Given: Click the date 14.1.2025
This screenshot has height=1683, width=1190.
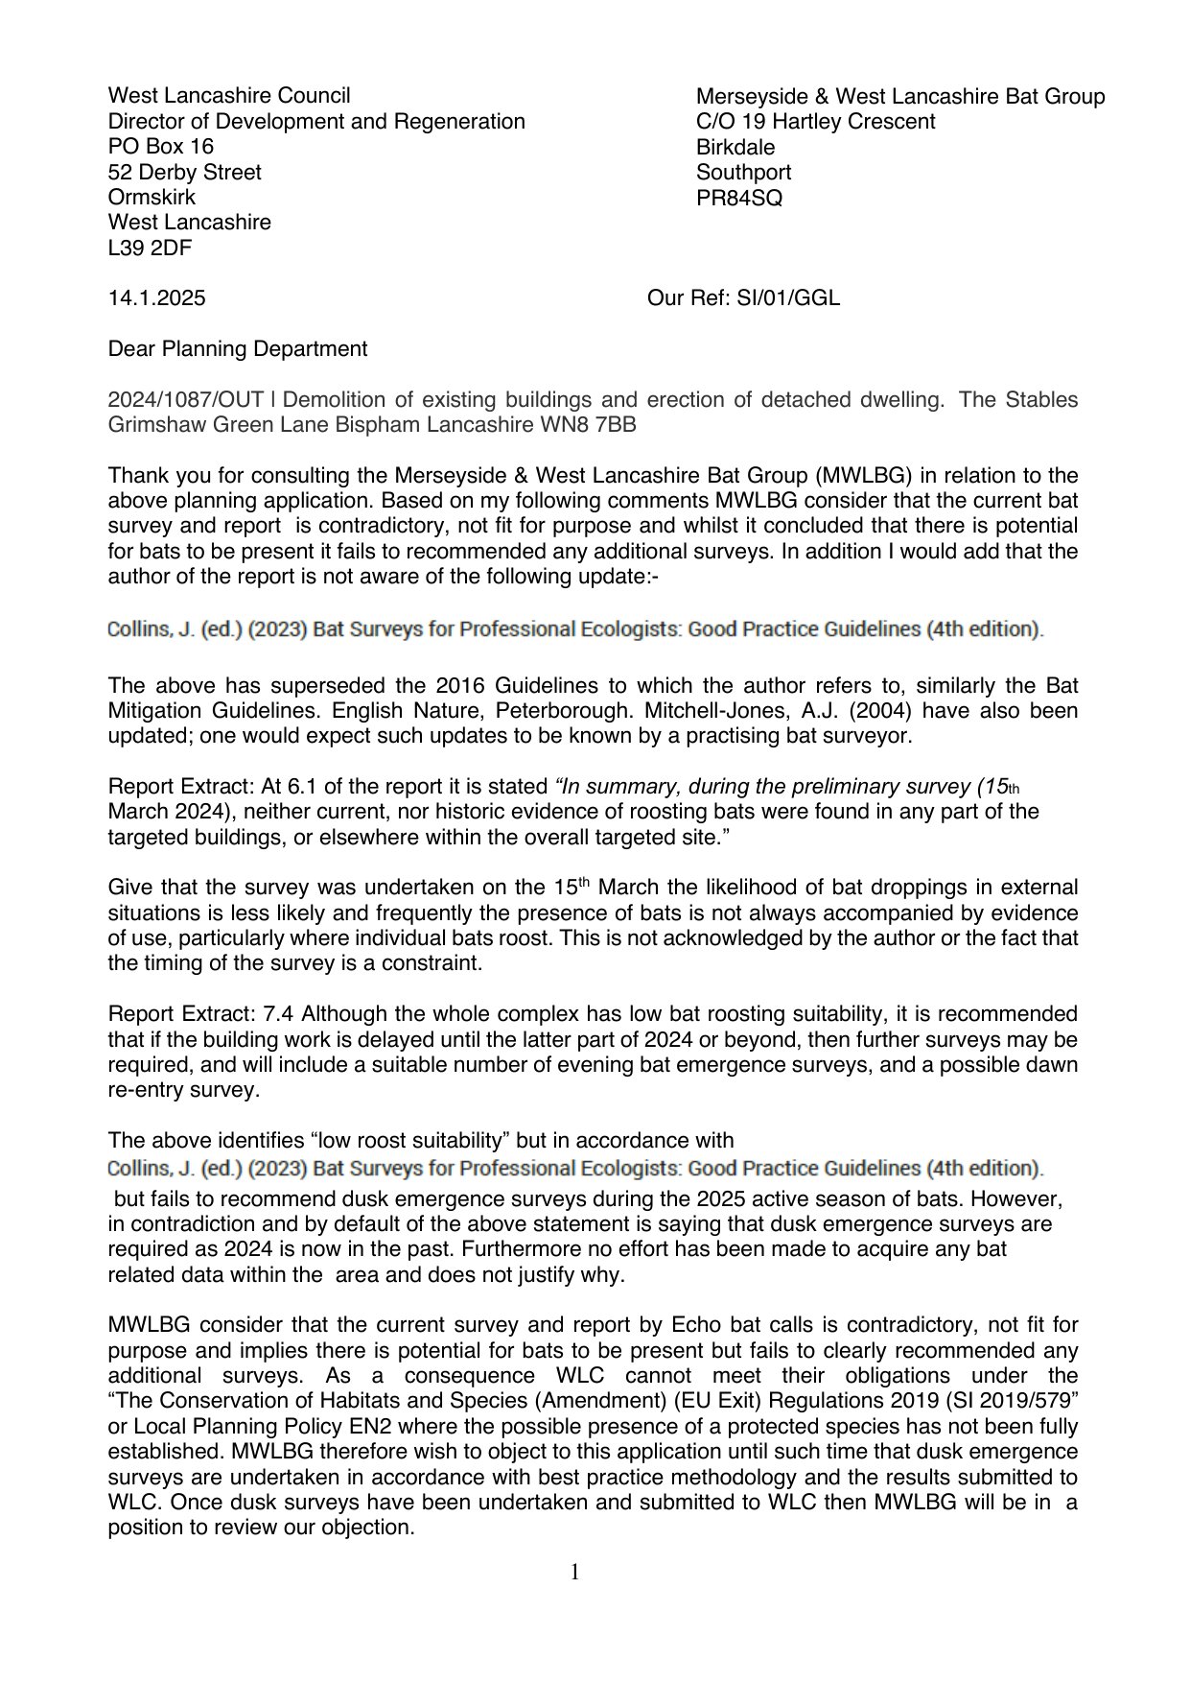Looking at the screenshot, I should pyautogui.click(x=156, y=298).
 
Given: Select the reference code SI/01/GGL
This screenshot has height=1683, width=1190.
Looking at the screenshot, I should pyautogui.click(x=787, y=298).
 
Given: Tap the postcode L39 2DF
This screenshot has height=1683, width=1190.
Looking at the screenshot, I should pyautogui.click(x=150, y=248).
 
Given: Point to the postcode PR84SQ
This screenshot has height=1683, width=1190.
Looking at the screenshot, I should pyautogui.click(x=738, y=199).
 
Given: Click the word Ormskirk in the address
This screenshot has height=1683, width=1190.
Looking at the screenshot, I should pyautogui.click(x=152, y=197).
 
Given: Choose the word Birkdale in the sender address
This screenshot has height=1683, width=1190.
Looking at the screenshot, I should pyautogui.click(x=735, y=148).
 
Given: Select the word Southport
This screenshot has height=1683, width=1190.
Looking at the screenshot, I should pyautogui.click(x=743, y=173).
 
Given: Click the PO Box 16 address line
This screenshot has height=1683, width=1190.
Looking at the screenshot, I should pyautogui.click(x=161, y=146).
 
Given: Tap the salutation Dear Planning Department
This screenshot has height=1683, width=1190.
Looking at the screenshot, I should pyautogui.click(x=237, y=348).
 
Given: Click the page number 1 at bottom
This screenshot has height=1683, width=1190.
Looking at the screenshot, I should pyautogui.click(x=575, y=1572).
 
